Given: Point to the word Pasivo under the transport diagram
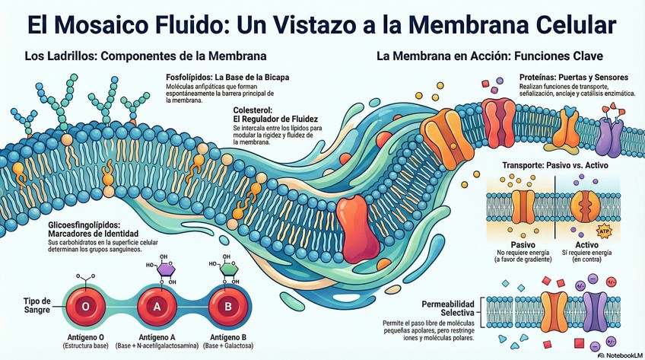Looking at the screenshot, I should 523,245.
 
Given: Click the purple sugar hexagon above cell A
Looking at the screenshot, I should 165,269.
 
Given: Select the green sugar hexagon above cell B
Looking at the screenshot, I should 227,269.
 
